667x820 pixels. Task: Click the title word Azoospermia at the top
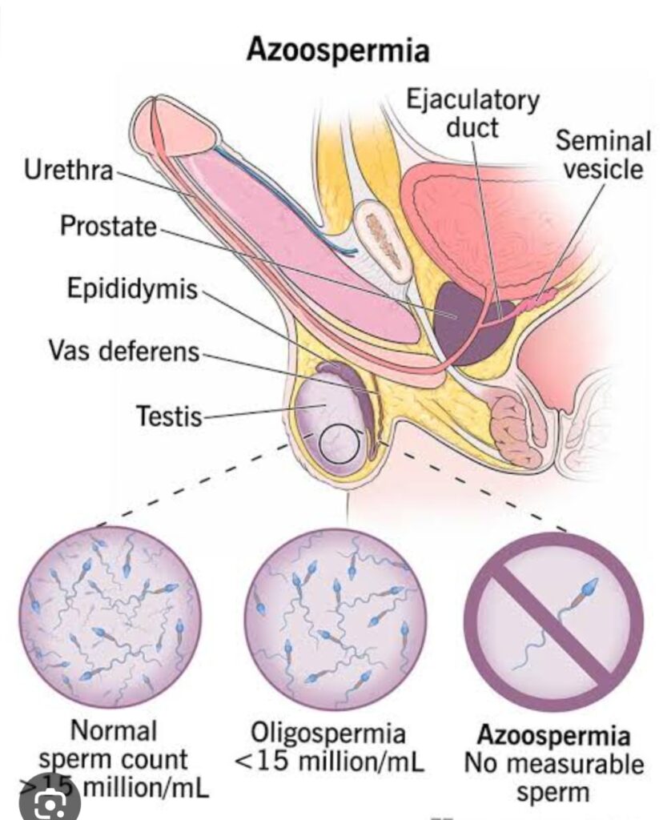[337, 50]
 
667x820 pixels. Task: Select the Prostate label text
[110, 226]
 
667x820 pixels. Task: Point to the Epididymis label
[132, 290]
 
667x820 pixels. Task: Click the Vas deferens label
[123, 351]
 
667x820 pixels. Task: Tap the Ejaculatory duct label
[472, 114]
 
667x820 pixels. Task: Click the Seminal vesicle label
[602, 155]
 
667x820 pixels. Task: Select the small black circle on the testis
[340, 443]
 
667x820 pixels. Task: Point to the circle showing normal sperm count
[110, 616]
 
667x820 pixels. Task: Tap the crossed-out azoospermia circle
[553, 616]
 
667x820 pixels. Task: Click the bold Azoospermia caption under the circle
[553, 736]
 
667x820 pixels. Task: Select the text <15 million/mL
[329, 762]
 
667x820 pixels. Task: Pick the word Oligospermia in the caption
[329, 733]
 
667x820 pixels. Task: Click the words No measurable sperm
[553, 777]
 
